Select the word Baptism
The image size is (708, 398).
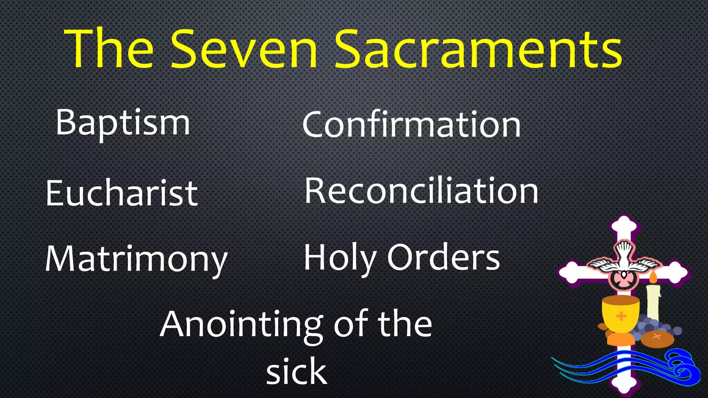click(x=123, y=123)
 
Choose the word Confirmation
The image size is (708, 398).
click(x=411, y=124)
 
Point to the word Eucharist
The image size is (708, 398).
click(x=121, y=193)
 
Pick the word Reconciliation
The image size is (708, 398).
click(x=421, y=191)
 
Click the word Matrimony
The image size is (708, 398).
click(x=136, y=259)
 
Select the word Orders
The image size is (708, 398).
click(x=443, y=257)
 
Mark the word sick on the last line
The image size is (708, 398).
click(x=296, y=371)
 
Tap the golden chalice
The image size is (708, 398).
click(x=621, y=313)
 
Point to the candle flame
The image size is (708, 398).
click(x=653, y=277)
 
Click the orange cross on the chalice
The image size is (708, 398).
click(x=621, y=316)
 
